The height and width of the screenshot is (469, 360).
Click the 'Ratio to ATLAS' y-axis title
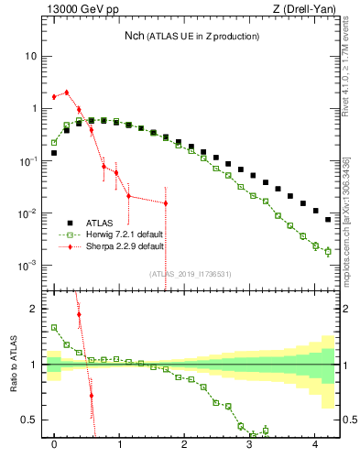(x=12, y=364)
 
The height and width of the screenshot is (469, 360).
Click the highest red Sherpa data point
(x=66, y=92)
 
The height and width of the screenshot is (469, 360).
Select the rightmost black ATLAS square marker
(x=328, y=220)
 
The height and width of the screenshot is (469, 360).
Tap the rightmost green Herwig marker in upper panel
(x=328, y=251)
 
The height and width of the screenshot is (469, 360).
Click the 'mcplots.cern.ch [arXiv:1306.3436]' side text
(x=345, y=202)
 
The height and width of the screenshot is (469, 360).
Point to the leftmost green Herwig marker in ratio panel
(x=54, y=327)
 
